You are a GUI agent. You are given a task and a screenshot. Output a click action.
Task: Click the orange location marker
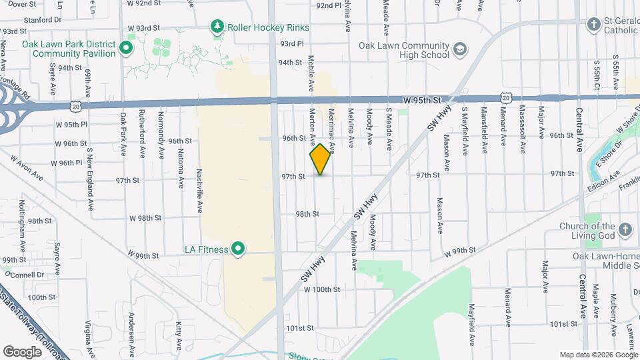[321, 159]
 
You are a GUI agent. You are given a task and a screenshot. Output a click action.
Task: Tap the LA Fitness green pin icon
[238, 249]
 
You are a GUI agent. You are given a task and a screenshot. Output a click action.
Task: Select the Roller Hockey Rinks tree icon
[217, 27]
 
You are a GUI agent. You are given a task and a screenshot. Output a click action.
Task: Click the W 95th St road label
[423, 100]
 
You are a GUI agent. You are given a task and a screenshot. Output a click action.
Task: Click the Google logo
[22, 351]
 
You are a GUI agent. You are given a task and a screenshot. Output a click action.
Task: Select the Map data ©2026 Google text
[598, 355]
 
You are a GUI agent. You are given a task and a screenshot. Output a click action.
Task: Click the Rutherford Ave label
[142, 133]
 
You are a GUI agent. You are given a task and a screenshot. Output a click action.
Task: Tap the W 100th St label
[322, 290]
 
